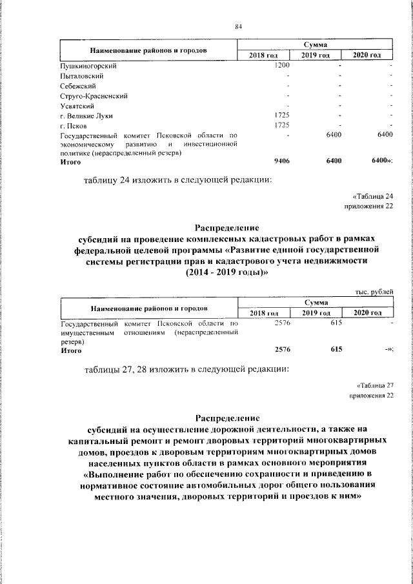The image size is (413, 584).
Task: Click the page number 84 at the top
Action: click(237, 26)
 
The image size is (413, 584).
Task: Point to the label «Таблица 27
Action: click(373, 385)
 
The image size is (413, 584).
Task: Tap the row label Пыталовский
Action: click(79, 76)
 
